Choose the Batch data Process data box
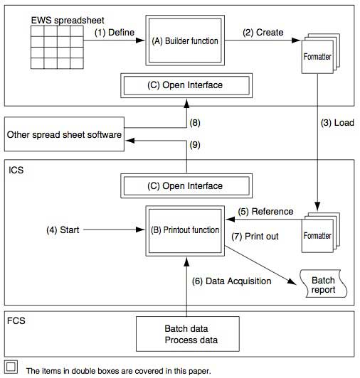[x=187, y=335]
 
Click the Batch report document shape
[x=322, y=285]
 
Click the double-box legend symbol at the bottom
[x=10, y=368]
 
